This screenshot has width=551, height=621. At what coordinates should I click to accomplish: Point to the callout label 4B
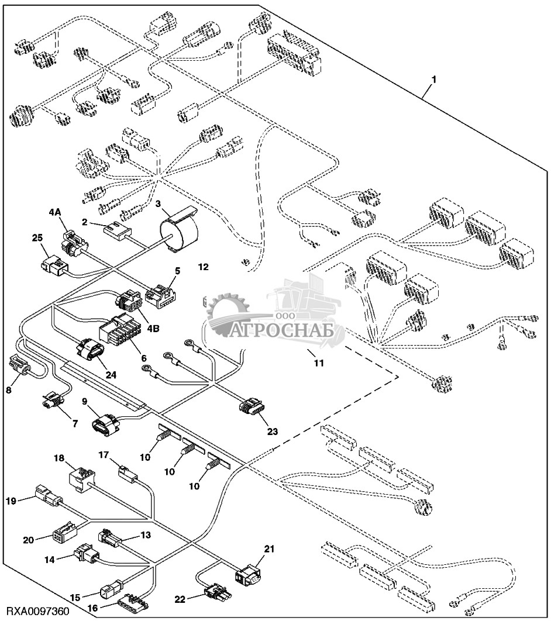(x=153, y=329)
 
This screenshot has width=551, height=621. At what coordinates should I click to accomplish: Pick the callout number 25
(x=37, y=238)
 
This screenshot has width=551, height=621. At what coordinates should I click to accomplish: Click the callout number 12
(x=203, y=267)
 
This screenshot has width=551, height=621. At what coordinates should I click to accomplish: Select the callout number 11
(x=319, y=363)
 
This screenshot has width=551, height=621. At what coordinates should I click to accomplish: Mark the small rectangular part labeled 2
(x=116, y=229)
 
